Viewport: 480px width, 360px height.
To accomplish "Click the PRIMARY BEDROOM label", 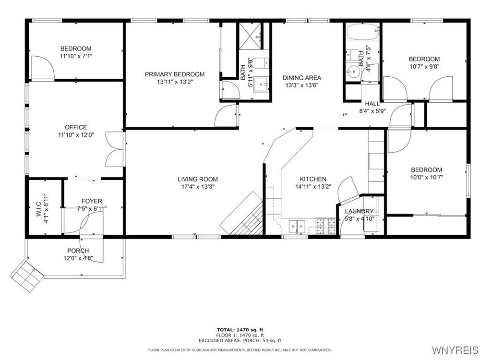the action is point(175,74).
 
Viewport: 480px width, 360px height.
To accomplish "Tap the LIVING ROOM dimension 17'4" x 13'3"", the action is point(198,187).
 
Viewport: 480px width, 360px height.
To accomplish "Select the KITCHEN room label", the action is point(313,179).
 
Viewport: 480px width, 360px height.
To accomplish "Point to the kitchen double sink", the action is point(297,226).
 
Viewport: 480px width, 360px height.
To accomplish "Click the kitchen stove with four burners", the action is point(326,226).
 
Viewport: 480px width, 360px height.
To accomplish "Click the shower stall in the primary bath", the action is point(250,36).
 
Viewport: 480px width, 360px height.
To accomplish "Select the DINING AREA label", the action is point(302,78).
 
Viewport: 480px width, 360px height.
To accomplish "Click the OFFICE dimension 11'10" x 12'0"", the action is point(76,135).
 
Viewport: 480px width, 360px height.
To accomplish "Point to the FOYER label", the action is point(92,201).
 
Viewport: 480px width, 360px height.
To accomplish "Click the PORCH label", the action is point(78,251).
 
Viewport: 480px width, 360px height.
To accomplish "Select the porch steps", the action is point(27,277).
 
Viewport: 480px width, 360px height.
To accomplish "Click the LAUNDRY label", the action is point(359,211).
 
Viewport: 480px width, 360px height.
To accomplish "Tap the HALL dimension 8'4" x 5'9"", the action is point(372,111).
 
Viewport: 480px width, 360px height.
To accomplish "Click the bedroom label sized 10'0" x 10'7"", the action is point(426,170).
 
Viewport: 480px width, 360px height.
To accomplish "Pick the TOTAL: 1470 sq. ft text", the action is point(240,330).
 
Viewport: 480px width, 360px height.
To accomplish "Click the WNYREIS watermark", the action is point(455,349).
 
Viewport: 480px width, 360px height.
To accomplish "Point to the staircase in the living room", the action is point(242,214).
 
